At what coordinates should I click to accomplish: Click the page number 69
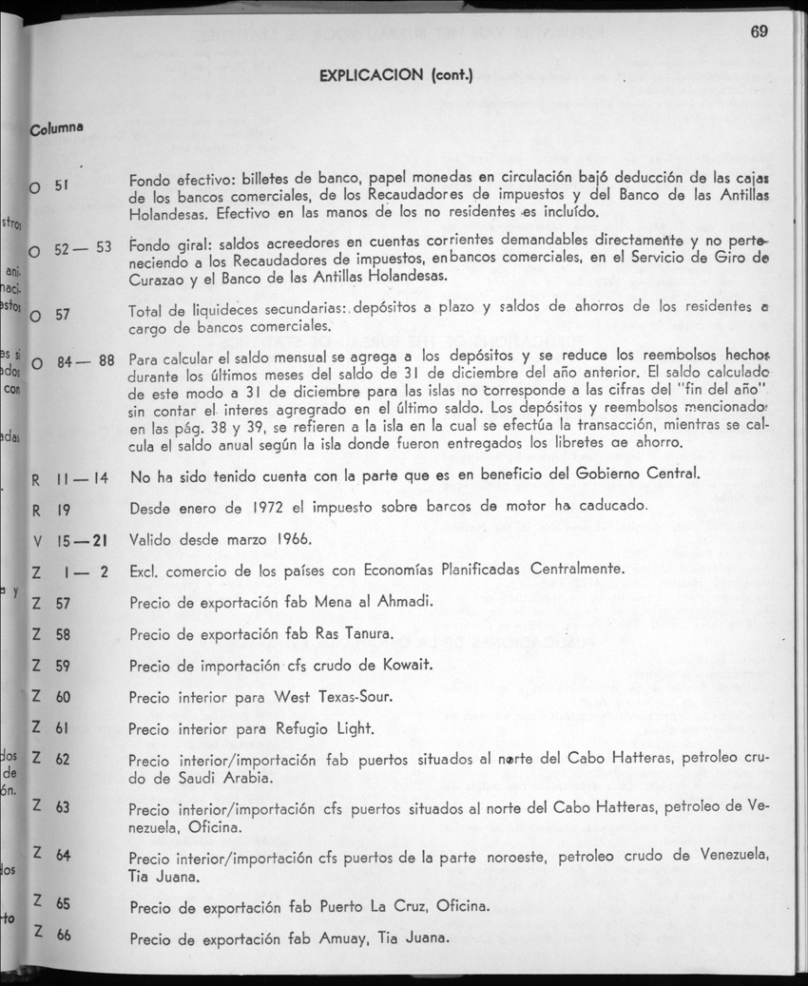[x=758, y=30]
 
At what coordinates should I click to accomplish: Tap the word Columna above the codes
[x=58, y=127]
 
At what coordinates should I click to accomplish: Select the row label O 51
[x=48, y=184]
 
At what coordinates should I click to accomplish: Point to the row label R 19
[x=48, y=509]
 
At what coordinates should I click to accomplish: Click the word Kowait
[x=405, y=665]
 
